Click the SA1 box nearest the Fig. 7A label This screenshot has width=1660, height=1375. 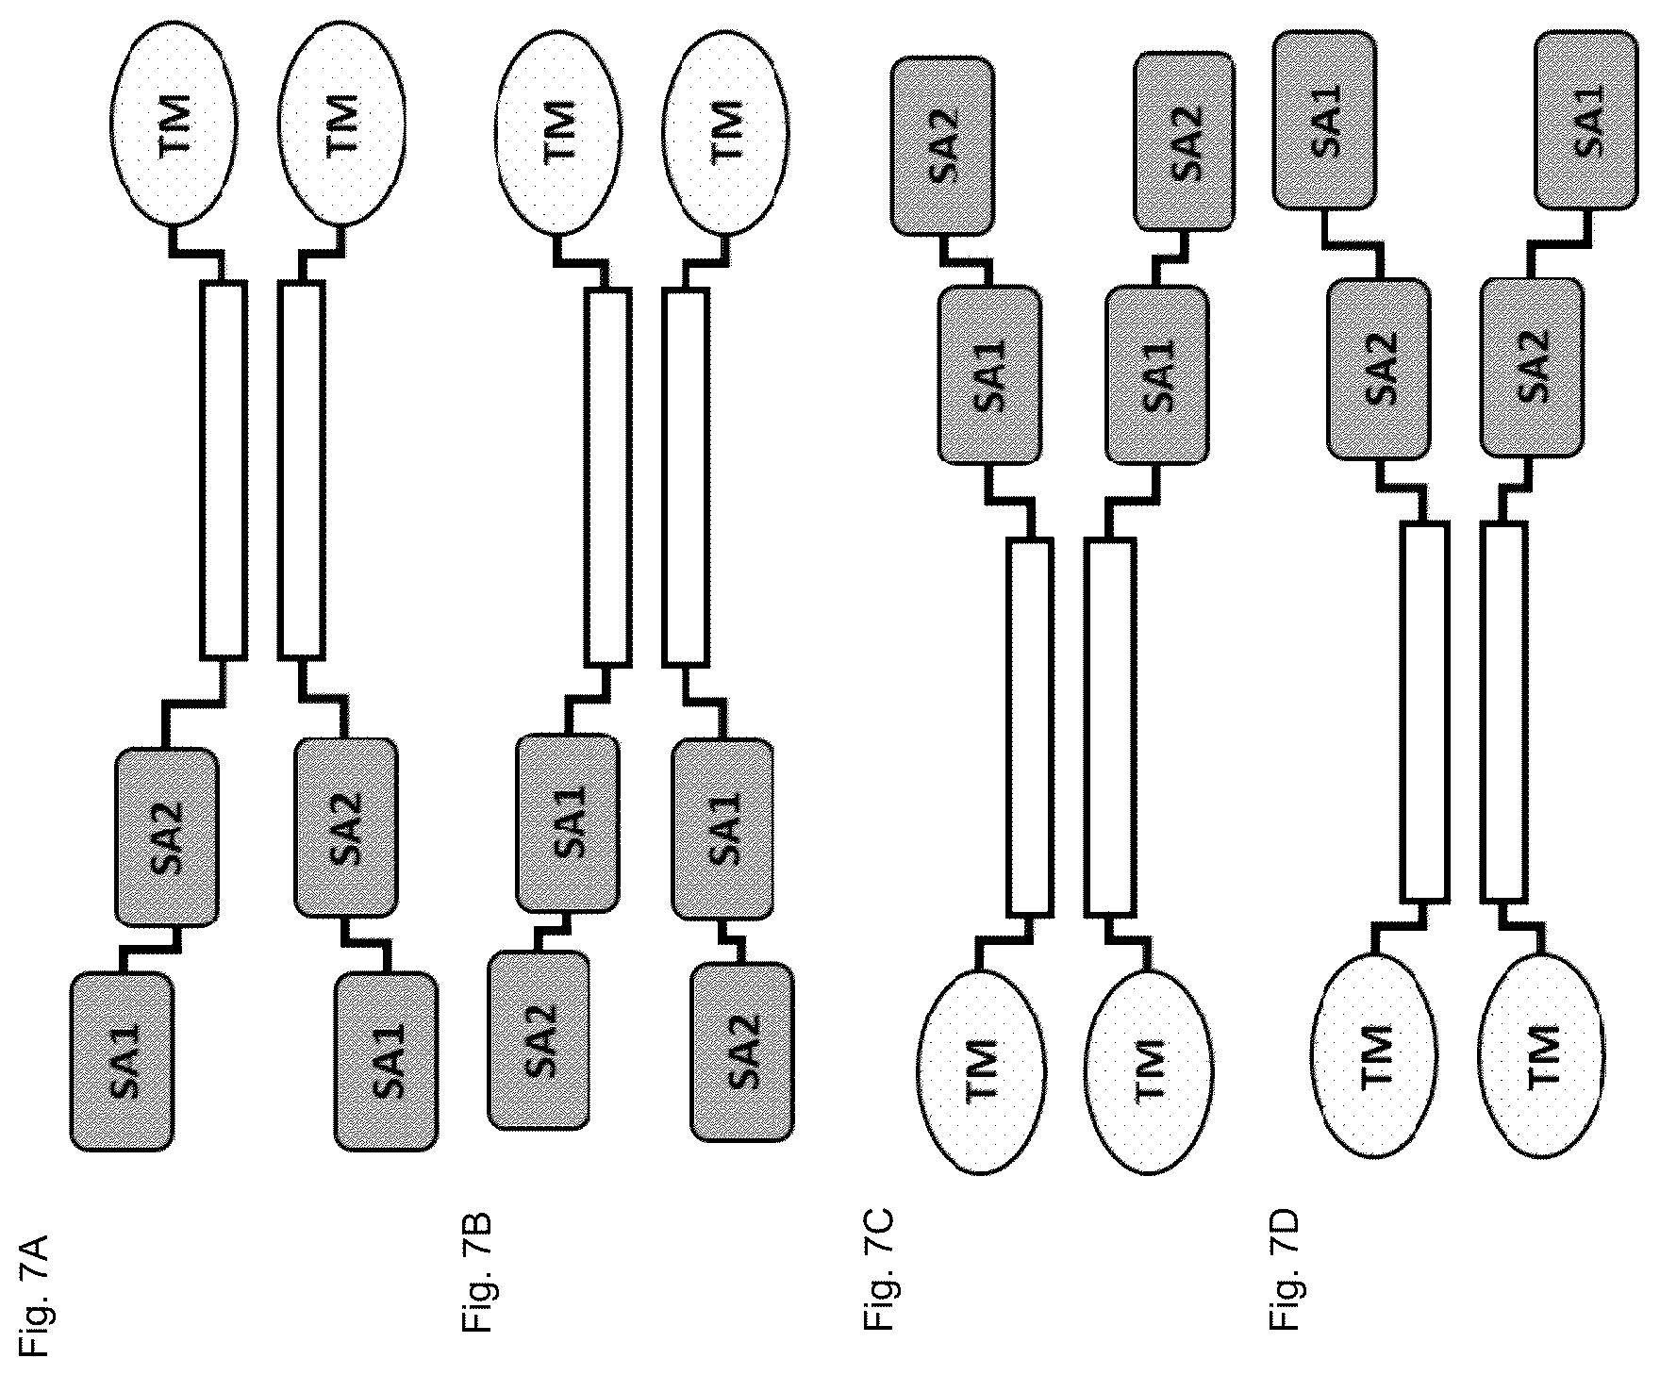click(x=123, y=1061)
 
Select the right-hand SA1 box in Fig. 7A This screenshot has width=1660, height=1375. click(x=387, y=1061)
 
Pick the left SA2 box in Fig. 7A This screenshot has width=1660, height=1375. click(x=167, y=837)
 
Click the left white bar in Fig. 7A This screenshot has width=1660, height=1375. click(x=224, y=469)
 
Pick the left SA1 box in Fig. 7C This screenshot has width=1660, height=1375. click(x=989, y=375)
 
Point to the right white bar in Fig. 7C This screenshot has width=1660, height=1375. click(x=1110, y=726)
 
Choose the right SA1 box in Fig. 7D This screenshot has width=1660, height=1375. click(x=1585, y=119)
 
